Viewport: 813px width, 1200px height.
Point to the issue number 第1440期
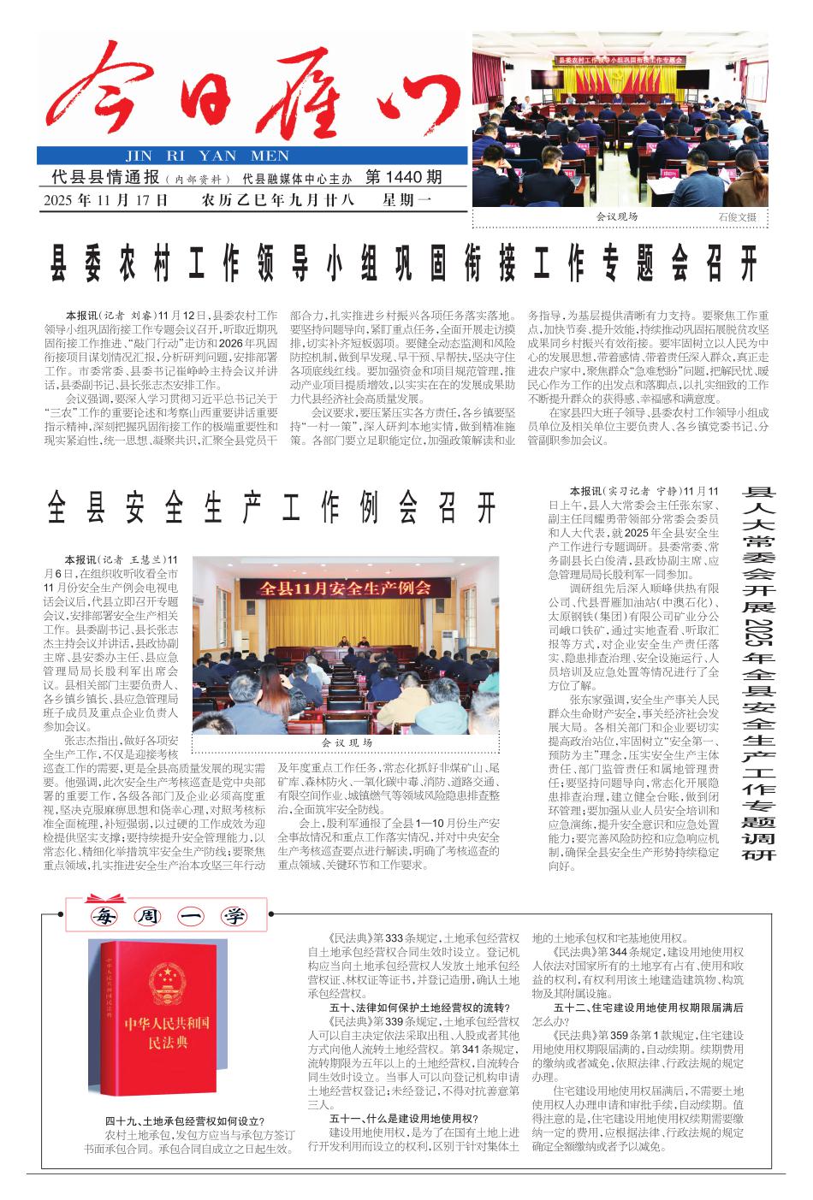coord(403,178)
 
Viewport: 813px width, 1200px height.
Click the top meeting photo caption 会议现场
coord(617,216)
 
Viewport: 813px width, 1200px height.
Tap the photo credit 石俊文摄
coord(738,217)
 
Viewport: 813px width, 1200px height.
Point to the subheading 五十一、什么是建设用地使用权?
coord(403,1118)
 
